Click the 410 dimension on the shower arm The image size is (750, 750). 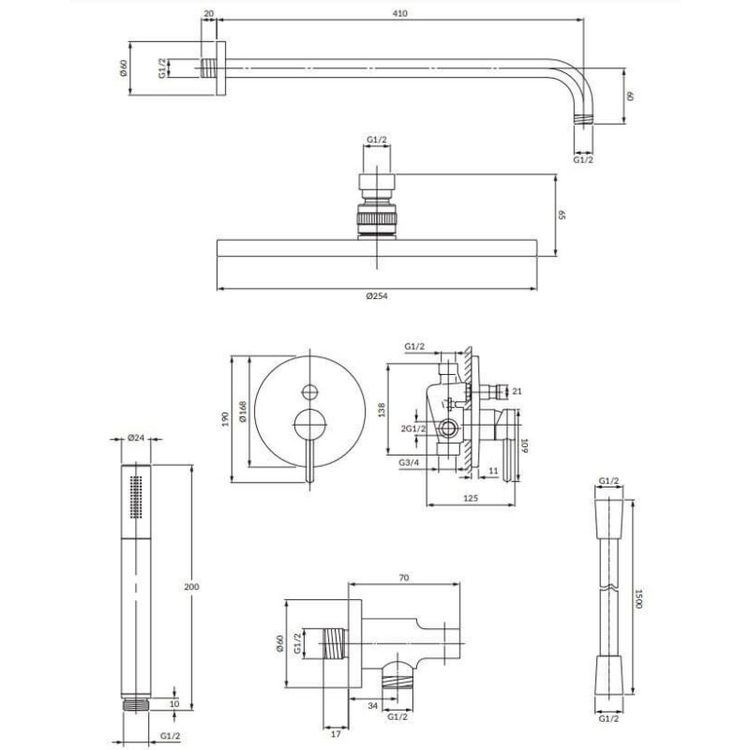tap(400, 13)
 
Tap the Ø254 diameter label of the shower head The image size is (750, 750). tap(377, 296)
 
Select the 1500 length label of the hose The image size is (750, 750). tap(638, 598)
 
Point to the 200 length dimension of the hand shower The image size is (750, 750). tap(191, 587)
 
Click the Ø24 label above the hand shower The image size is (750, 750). tap(136, 437)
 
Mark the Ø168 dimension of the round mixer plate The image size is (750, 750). tap(243, 412)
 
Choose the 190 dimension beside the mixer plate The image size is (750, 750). tap(226, 419)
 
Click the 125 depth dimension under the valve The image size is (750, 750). tap(471, 499)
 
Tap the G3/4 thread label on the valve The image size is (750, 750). tap(409, 462)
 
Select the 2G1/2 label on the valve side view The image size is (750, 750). tap(413, 428)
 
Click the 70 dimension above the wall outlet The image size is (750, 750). tap(404, 577)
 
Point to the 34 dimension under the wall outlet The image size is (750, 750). tap(372, 706)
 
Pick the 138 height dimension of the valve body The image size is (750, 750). tap(382, 410)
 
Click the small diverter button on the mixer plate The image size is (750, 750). tap(310, 392)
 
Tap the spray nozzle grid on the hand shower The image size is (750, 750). tap(136, 497)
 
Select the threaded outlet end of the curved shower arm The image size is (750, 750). tap(583, 119)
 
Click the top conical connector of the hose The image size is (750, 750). tap(608, 511)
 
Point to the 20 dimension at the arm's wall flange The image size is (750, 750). tap(208, 13)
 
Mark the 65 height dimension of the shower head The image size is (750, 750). tap(562, 214)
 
